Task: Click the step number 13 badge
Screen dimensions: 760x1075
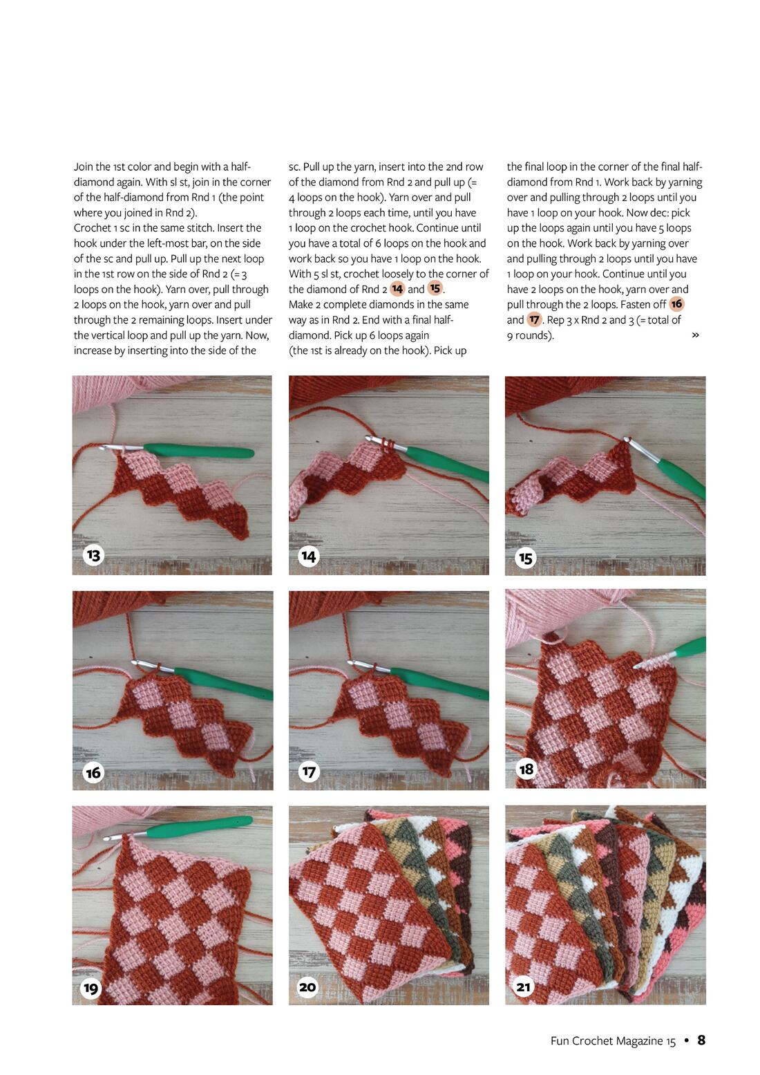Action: click(93, 555)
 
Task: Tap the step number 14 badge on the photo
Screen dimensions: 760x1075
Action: click(308, 557)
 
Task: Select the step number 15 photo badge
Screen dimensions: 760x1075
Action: click(526, 558)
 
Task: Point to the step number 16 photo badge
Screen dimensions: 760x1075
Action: click(93, 773)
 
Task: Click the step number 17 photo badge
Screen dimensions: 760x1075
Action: click(309, 772)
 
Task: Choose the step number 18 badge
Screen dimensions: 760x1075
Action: click(526, 769)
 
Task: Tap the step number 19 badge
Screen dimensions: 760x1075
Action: click(91, 988)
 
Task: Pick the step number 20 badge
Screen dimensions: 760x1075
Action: click(307, 987)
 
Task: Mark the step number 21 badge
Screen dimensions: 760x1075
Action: click(524, 987)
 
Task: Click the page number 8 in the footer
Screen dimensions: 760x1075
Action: click(701, 1040)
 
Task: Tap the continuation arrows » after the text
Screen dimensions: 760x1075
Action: click(695, 335)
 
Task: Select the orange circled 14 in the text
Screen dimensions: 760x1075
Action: click(397, 289)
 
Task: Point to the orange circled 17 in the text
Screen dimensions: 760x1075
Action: click(533, 319)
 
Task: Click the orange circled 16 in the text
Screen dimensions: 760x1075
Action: click(676, 303)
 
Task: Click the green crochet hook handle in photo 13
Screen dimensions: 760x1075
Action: click(199, 451)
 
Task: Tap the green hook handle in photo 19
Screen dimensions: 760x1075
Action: click(200, 828)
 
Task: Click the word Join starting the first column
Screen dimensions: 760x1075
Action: click(84, 167)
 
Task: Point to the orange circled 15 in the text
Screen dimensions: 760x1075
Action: click(435, 288)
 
